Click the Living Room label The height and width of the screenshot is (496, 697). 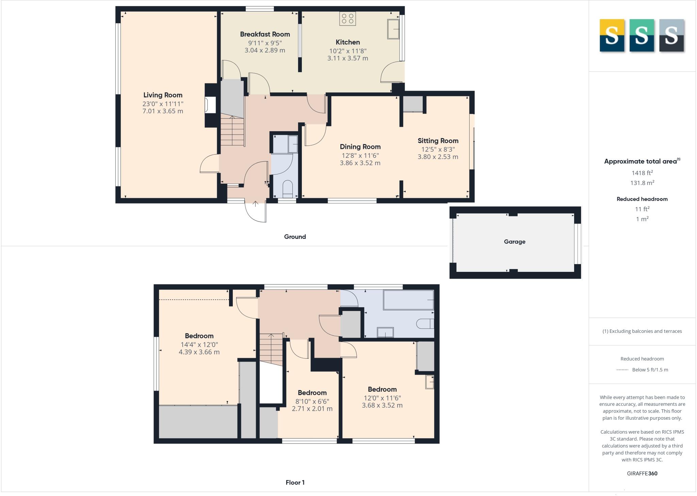click(x=163, y=95)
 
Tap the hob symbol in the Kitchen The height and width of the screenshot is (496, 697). click(x=347, y=19)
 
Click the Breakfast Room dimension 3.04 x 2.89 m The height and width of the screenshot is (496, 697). click(x=265, y=50)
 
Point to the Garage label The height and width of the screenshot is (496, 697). click(x=514, y=242)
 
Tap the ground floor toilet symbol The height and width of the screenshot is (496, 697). click(x=288, y=188)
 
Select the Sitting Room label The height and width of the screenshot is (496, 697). click(x=438, y=141)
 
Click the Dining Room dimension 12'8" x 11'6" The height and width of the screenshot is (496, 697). click(x=360, y=156)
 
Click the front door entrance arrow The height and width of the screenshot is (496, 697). click(x=255, y=204)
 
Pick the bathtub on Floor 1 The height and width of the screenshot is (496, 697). click(x=408, y=300)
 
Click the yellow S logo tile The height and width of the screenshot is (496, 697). click(x=612, y=35)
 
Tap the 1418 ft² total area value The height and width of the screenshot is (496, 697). click(x=642, y=173)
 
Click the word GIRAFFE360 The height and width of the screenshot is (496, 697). click(x=642, y=473)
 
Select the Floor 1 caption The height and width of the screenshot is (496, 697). click(x=295, y=482)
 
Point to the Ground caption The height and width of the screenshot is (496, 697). click(x=295, y=237)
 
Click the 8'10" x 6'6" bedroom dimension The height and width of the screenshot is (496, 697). click(x=312, y=401)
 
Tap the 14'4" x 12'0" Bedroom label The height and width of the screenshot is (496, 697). click(x=199, y=336)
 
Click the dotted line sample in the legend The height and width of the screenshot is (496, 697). click(x=622, y=370)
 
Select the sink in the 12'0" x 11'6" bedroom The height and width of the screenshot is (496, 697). click(x=429, y=382)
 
